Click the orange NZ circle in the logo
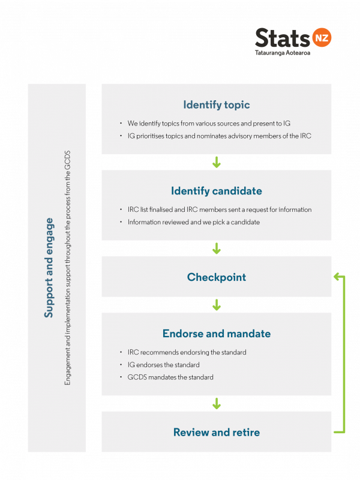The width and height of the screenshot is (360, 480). coord(322,38)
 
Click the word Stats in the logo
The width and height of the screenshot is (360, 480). coord(283,38)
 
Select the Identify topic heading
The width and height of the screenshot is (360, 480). coord(216,104)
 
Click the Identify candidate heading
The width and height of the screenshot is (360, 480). coord(216,191)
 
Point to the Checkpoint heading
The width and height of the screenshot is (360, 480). coord(216,277)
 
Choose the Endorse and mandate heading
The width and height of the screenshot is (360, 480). coord(216,334)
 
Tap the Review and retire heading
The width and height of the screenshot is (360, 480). coord(216,432)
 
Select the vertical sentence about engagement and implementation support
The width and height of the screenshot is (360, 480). coord(68,268)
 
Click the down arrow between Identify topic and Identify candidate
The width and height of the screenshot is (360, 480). coord(217,162)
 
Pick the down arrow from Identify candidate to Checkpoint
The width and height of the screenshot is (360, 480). coord(217,248)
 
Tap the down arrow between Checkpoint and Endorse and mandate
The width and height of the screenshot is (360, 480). coord(217,305)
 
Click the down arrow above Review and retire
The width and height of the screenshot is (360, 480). coord(217,403)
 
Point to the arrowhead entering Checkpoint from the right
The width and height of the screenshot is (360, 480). coord(337,277)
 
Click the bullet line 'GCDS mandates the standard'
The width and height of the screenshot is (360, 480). coord(170,377)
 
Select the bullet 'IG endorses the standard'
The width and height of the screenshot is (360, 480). coord(163,365)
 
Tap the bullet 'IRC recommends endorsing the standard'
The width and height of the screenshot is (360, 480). coord(187,352)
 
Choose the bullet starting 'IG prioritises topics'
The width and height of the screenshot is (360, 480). coord(219,136)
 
